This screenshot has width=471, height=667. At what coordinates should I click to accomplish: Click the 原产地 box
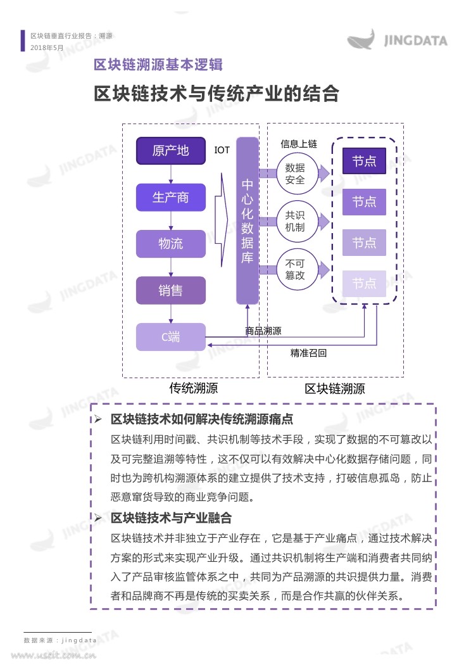[x=171, y=151]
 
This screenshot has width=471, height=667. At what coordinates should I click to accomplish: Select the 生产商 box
[x=171, y=198]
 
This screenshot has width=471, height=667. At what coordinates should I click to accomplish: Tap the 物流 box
[x=171, y=244]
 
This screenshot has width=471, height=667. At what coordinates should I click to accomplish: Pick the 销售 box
[x=171, y=291]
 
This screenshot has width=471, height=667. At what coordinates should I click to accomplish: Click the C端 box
[x=171, y=337]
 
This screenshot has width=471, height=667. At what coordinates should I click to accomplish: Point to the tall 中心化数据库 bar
[x=248, y=221]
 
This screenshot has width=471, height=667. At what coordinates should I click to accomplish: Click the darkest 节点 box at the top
[x=364, y=161]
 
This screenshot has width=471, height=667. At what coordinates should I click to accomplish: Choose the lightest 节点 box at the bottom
[x=364, y=283]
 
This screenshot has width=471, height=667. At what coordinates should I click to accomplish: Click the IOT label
[x=222, y=150]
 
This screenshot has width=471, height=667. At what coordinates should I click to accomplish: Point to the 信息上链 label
[x=298, y=144]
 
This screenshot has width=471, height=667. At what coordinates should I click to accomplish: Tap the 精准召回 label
[x=308, y=353]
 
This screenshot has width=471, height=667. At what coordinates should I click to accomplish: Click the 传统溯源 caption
[x=194, y=388]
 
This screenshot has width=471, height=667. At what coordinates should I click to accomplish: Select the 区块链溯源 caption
[x=335, y=388]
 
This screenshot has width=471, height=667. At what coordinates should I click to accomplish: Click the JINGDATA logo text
[x=415, y=41]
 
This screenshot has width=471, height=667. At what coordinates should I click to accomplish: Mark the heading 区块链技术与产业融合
[x=171, y=518]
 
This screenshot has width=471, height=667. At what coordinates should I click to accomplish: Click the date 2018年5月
[x=47, y=48]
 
